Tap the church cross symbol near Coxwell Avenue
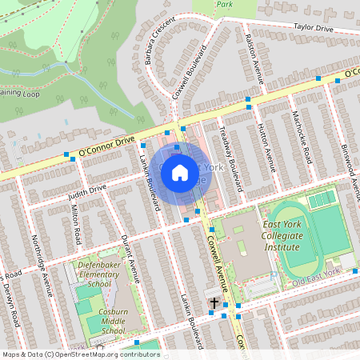click(214, 302)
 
